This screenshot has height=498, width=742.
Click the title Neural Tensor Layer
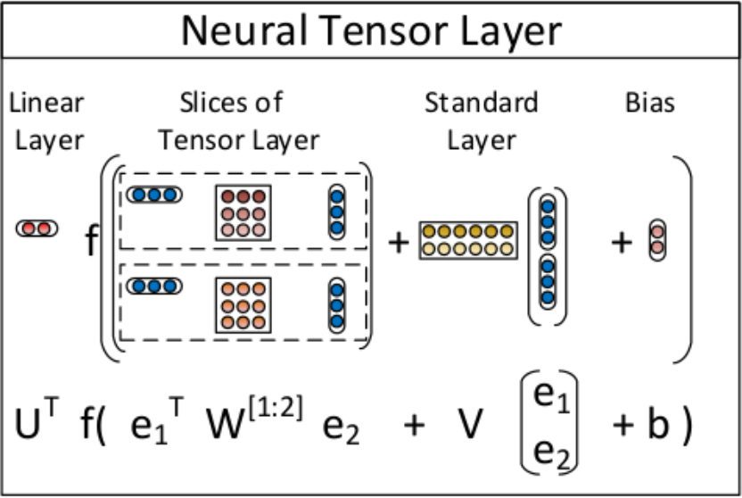371,32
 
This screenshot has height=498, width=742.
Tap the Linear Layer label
47,120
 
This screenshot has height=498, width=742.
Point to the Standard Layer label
482,120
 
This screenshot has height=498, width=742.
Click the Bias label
650,104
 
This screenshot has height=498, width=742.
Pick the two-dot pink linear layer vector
37,228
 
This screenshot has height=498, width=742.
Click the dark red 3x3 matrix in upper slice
243,212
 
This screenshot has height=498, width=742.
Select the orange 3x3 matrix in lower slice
243,303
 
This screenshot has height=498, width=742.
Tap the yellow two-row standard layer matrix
468,239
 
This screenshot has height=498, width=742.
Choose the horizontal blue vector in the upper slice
154,194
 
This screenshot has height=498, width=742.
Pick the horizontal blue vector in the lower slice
154,286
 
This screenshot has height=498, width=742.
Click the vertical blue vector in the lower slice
336,304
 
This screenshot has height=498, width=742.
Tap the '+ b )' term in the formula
652,426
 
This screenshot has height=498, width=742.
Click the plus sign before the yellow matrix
399,241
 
